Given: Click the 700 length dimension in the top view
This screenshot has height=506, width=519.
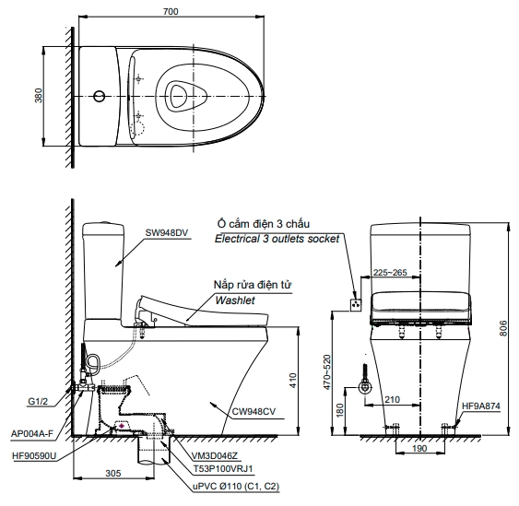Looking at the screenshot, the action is (171, 11).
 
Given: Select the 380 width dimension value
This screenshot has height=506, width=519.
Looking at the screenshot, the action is (39, 96).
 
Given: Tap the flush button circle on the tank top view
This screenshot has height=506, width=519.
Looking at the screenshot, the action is (99, 96).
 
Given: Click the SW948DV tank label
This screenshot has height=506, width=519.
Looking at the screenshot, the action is (167, 232).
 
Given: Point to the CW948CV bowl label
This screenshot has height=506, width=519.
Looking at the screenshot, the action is (254, 411).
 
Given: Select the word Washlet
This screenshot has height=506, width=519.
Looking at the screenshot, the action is (235, 300).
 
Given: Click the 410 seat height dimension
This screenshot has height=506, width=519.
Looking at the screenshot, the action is (292, 381).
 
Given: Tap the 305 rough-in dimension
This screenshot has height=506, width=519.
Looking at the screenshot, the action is (113, 473).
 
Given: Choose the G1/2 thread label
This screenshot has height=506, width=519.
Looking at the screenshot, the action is (38, 402).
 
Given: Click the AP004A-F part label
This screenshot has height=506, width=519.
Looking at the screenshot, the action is (31, 433).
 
